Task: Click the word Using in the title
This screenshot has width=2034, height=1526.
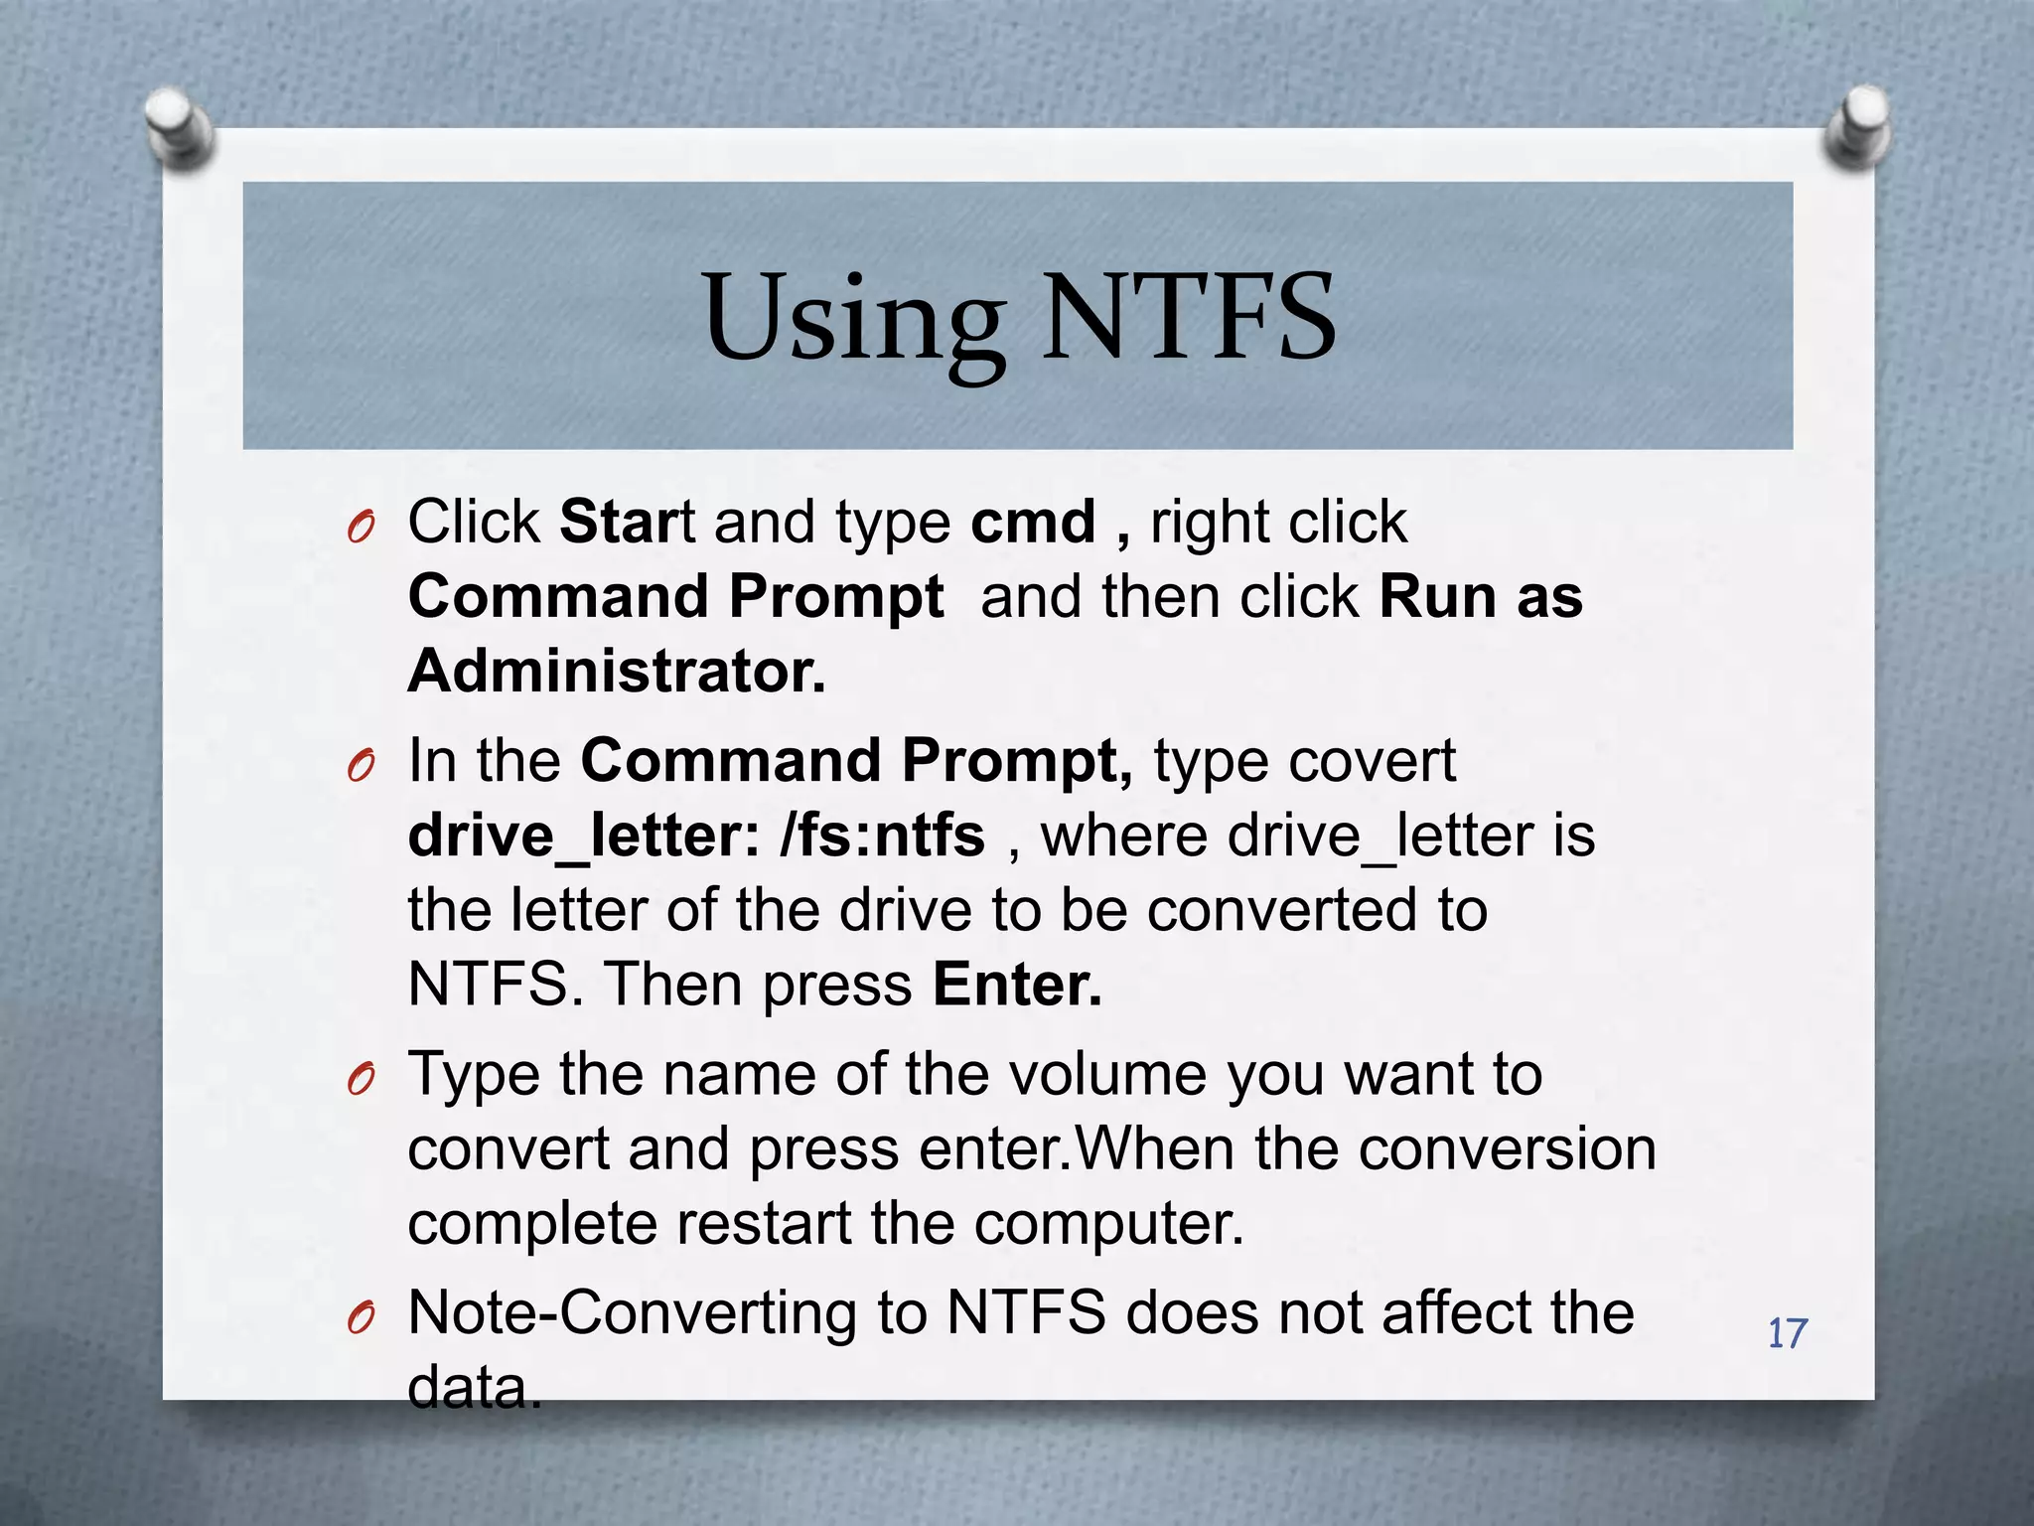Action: (x=852, y=320)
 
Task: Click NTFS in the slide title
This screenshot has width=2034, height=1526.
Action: (x=1188, y=318)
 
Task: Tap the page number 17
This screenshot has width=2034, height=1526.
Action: (x=1787, y=1333)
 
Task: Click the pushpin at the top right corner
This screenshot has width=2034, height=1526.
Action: (x=1856, y=126)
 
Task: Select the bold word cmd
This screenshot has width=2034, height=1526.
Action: (x=1032, y=522)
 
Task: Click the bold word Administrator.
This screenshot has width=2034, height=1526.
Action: (x=616, y=672)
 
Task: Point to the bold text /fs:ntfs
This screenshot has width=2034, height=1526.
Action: (x=883, y=836)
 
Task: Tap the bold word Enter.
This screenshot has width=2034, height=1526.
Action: (x=1017, y=985)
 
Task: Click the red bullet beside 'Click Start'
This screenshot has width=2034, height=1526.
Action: (x=362, y=528)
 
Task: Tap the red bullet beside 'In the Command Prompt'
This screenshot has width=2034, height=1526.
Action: (x=362, y=766)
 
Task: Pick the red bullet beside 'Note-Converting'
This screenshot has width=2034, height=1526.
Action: (x=362, y=1318)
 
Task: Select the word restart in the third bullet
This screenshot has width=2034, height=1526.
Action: (x=764, y=1223)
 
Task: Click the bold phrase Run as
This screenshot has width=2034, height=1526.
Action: (x=1480, y=597)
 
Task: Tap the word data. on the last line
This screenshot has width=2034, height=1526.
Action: (x=474, y=1388)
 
